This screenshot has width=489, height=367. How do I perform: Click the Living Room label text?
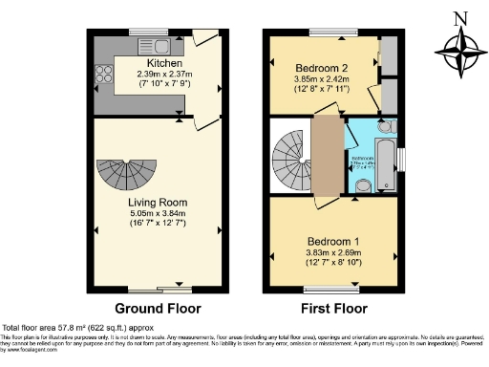(158, 203)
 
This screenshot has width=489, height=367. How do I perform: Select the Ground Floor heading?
(156, 309)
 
